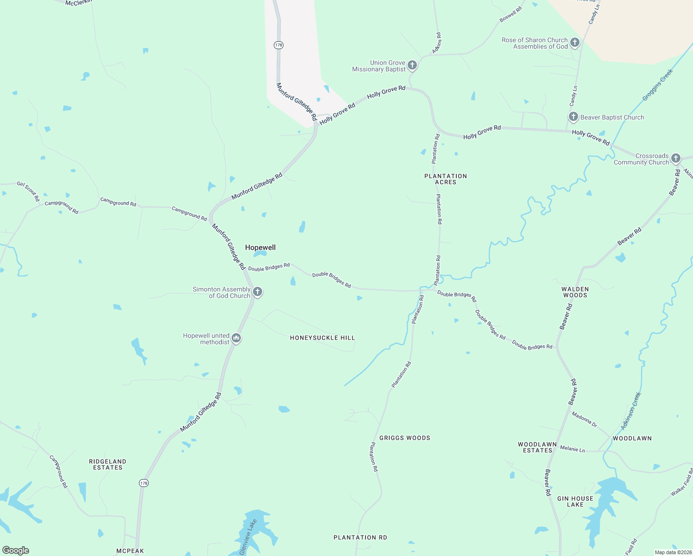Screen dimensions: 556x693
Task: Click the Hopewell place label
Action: point(260,247)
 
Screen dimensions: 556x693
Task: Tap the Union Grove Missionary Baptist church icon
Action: point(412,65)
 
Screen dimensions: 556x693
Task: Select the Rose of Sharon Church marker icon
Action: point(574,43)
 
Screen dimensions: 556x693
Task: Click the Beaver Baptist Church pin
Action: point(573,117)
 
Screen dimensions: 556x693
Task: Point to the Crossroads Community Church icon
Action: point(675,158)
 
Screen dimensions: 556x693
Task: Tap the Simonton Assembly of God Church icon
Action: point(258,292)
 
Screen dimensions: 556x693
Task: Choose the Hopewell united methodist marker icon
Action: point(236,338)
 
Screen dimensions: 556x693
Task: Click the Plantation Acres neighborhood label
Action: point(446,179)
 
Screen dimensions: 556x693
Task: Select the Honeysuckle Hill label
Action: point(322,338)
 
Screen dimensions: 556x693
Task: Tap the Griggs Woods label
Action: point(404,438)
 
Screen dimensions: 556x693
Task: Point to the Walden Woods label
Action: point(575,292)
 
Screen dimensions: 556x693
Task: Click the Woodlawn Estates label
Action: point(537,447)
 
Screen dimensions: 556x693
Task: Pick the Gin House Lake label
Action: point(575,501)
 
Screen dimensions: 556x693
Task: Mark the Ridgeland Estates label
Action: point(107,464)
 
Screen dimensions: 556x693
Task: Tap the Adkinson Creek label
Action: point(631,411)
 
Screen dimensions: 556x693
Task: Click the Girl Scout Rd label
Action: point(28,191)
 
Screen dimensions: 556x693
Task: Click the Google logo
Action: point(16,550)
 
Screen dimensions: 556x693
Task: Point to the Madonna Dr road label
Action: point(584,419)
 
